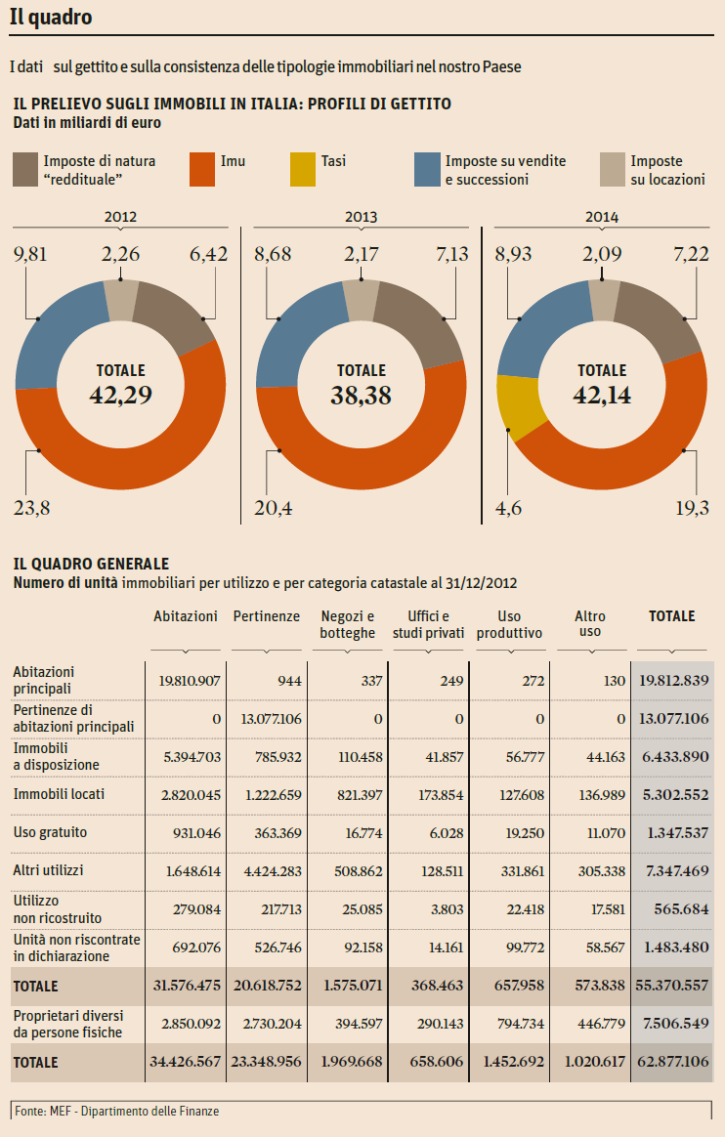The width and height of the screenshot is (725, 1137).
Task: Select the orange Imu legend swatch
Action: tap(200, 169)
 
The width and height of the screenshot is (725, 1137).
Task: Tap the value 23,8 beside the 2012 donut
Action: tap(32, 506)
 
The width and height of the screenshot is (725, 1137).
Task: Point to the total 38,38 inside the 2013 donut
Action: tap(362, 395)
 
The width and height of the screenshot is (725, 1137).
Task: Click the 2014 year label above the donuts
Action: tap(602, 217)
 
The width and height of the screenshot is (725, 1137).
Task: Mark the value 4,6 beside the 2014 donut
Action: tap(510, 506)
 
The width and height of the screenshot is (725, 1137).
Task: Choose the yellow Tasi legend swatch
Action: tap(303, 169)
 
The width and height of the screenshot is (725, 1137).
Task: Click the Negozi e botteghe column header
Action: tap(347, 624)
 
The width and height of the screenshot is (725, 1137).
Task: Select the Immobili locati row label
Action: tap(59, 795)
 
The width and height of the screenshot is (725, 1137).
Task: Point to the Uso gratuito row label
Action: tap(50, 832)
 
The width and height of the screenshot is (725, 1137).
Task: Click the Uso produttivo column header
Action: tap(509, 624)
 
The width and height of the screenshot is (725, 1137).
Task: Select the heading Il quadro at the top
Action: tap(51, 18)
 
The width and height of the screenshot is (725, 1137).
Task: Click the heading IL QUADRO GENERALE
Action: tap(91, 564)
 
